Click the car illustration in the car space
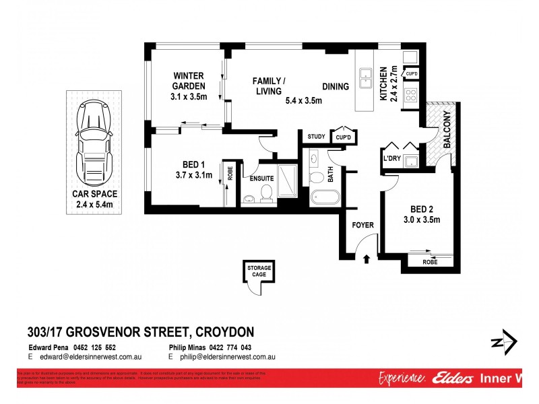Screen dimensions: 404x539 [94, 141]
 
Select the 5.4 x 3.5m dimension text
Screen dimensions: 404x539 [304, 101]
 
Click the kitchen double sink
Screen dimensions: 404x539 [366, 78]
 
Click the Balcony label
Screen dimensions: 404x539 [447, 133]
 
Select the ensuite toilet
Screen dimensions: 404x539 [266, 194]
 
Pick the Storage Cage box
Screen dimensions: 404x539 [261, 273]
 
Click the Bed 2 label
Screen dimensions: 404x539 [422, 209]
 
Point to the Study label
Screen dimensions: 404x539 [316, 137]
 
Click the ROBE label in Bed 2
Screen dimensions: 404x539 [430, 262]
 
